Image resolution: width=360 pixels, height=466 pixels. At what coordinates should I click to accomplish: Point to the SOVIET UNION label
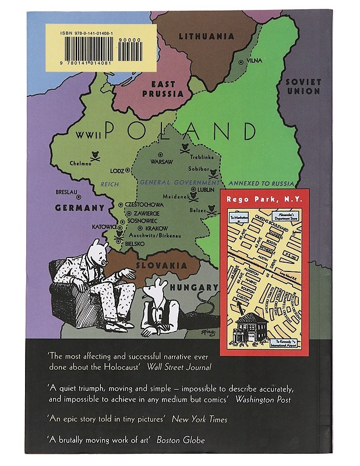[303, 87]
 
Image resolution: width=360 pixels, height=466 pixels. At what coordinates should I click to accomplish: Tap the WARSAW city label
[163, 160]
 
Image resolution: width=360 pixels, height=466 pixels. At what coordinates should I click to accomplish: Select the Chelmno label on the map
[81, 163]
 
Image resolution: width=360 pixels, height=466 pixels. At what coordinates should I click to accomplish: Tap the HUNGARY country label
[196, 287]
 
